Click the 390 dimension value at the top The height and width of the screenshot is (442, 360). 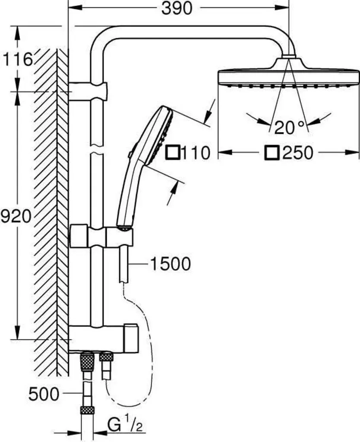(177, 9)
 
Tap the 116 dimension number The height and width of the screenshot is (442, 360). (17, 60)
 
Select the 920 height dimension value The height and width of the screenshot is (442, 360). (16, 217)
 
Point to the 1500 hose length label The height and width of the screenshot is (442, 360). (171, 264)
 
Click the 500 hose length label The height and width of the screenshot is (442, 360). (44, 394)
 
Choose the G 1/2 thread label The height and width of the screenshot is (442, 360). (125, 426)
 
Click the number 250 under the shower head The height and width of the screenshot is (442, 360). (298, 153)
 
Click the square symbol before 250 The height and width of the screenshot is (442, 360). (272, 153)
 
